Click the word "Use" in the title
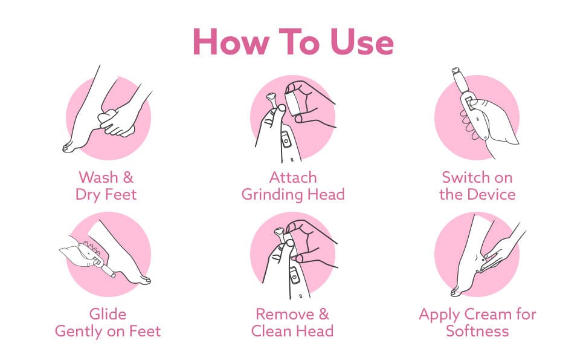tap(362, 42)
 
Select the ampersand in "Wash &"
tap(128, 177)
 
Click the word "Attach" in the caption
tap(293, 177)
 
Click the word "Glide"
tap(108, 314)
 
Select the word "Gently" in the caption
tap(79, 332)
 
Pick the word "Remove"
tap(285, 314)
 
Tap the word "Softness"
tap(477, 331)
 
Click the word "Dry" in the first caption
tap(88, 195)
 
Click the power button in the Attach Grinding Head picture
tap(286, 142)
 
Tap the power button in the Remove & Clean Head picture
tap(294, 277)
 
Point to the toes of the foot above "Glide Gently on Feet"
tap(144, 280)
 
